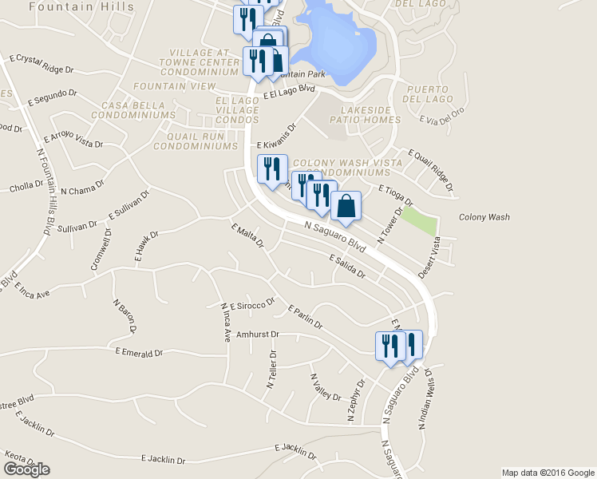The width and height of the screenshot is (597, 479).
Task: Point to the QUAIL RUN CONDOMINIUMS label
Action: [x=196, y=141]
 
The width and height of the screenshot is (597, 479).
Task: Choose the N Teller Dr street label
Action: [x=271, y=369]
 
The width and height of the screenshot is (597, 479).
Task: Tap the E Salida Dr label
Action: [x=346, y=267]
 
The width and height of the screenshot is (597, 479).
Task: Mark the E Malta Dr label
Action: [x=247, y=236]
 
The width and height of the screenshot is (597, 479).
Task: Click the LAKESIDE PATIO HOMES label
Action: [x=370, y=114]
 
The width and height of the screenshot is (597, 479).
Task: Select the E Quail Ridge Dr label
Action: [x=431, y=170]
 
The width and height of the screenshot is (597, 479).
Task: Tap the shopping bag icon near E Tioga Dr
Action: [x=346, y=206]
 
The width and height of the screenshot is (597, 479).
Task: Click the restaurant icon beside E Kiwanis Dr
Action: [x=271, y=168]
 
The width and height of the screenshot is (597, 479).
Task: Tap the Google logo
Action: [x=26, y=469]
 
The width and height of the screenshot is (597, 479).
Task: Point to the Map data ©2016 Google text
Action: [x=548, y=473]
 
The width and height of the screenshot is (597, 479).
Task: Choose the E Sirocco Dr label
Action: [x=252, y=304]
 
